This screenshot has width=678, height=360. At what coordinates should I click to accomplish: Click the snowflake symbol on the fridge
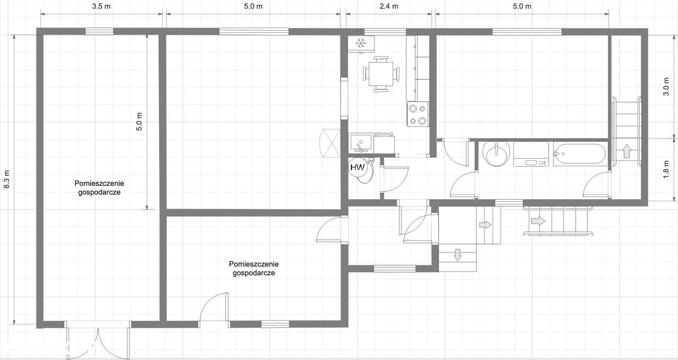click(361, 43)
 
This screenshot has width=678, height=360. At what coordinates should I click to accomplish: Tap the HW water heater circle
click(358, 167)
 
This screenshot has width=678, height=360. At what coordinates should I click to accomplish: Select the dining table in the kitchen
click(381, 74)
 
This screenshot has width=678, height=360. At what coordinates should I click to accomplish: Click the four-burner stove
click(418, 114)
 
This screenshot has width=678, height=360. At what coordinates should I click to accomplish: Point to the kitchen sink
click(361, 143)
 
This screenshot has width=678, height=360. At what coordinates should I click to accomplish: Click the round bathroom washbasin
click(496, 154)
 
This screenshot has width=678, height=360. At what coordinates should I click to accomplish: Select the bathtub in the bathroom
click(579, 154)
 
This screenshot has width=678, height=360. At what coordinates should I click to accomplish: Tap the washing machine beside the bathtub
click(531, 154)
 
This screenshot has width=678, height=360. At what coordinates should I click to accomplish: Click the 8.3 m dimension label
click(7, 179)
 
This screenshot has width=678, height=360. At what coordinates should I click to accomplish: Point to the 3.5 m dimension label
click(101, 6)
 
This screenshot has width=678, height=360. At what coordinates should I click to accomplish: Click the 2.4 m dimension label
click(389, 6)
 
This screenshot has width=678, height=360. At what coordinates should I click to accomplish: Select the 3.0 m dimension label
click(666, 87)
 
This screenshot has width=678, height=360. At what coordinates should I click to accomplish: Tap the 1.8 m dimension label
click(666, 169)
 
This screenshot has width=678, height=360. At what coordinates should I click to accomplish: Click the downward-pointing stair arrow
click(458, 255)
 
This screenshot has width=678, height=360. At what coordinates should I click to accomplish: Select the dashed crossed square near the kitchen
click(330, 143)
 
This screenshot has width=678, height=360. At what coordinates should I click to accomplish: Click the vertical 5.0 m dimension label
click(139, 121)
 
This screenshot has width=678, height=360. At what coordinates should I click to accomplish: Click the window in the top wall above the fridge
click(385, 31)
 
